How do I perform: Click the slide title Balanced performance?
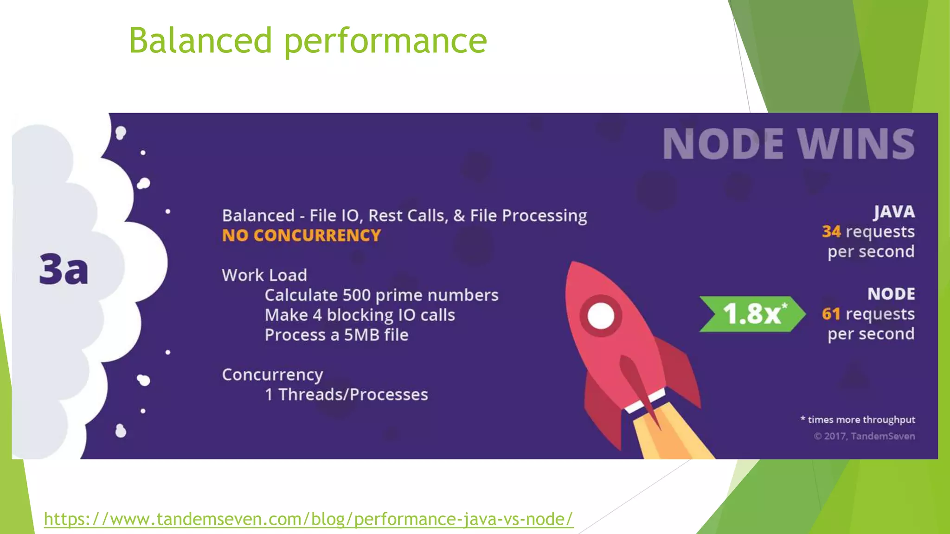click(x=308, y=41)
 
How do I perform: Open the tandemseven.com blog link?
click(x=308, y=519)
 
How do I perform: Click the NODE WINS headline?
click(x=789, y=144)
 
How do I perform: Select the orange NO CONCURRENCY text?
click(x=302, y=235)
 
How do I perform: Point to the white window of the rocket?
click(x=601, y=316)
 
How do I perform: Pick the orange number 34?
click(x=831, y=231)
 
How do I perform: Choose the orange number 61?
click(x=831, y=314)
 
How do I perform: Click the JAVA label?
click(x=894, y=212)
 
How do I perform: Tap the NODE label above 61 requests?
click(x=891, y=294)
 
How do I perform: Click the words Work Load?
click(x=264, y=275)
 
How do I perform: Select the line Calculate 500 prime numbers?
click(x=381, y=295)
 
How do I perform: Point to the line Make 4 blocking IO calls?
click(x=360, y=315)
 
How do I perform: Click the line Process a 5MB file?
click(x=336, y=335)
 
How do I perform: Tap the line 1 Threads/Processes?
click(x=346, y=394)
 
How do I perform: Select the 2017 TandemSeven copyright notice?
click(x=864, y=436)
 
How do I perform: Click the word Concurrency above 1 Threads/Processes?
click(x=272, y=375)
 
